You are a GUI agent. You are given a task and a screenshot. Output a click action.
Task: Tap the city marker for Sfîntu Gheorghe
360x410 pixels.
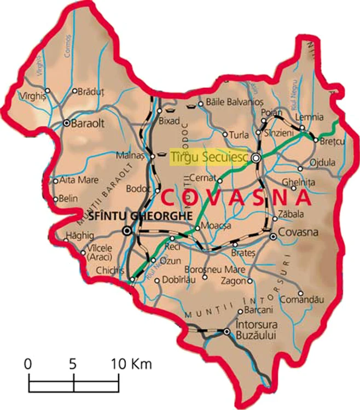[127, 231]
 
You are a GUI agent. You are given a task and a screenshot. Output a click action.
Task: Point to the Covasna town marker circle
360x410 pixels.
[273, 236]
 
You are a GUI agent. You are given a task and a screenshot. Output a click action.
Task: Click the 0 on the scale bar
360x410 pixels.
[28, 364]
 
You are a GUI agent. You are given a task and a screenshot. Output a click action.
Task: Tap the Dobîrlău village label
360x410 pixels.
[179, 281]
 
